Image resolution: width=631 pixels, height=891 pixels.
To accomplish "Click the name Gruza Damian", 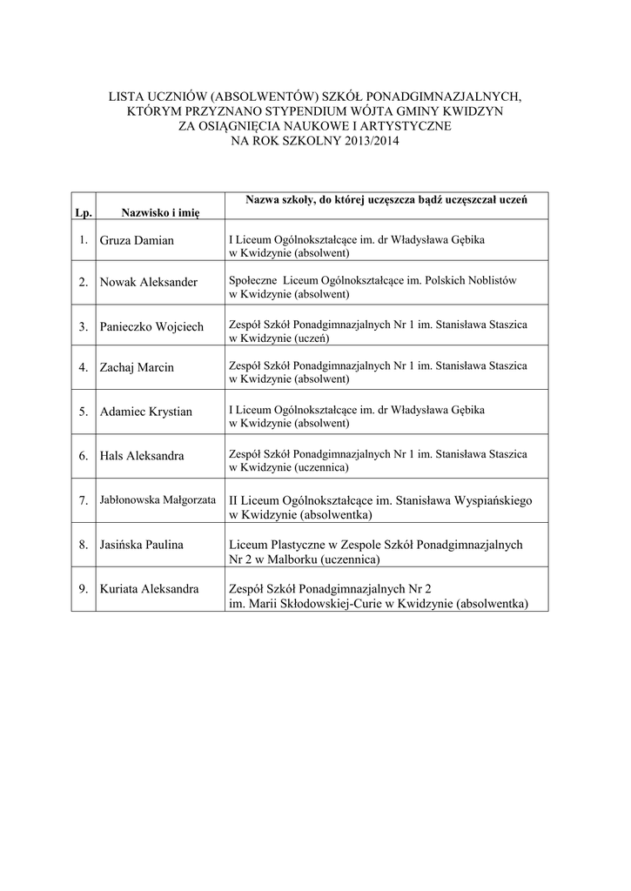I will (x=137, y=239).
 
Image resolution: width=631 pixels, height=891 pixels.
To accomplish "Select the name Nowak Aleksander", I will (x=149, y=282).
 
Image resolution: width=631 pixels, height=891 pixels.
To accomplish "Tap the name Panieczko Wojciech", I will (x=152, y=326).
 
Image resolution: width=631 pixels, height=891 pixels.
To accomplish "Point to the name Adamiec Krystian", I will (x=146, y=411).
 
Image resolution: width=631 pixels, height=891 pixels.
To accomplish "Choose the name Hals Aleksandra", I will (x=143, y=455).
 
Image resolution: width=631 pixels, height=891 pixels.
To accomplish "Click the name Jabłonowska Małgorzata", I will (x=158, y=500).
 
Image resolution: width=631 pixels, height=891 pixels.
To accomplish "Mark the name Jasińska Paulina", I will (x=142, y=545).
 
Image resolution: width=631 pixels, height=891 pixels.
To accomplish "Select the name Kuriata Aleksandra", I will (x=150, y=588).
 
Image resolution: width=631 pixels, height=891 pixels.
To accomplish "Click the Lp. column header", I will (x=83, y=211).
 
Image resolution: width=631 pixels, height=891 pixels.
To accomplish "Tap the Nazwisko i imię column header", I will (x=160, y=211).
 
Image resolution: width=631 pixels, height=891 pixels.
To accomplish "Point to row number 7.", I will (x=84, y=501).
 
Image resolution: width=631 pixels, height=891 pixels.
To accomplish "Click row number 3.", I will (x=84, y=327).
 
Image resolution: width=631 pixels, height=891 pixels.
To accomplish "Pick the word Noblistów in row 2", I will (x=492, y=281).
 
